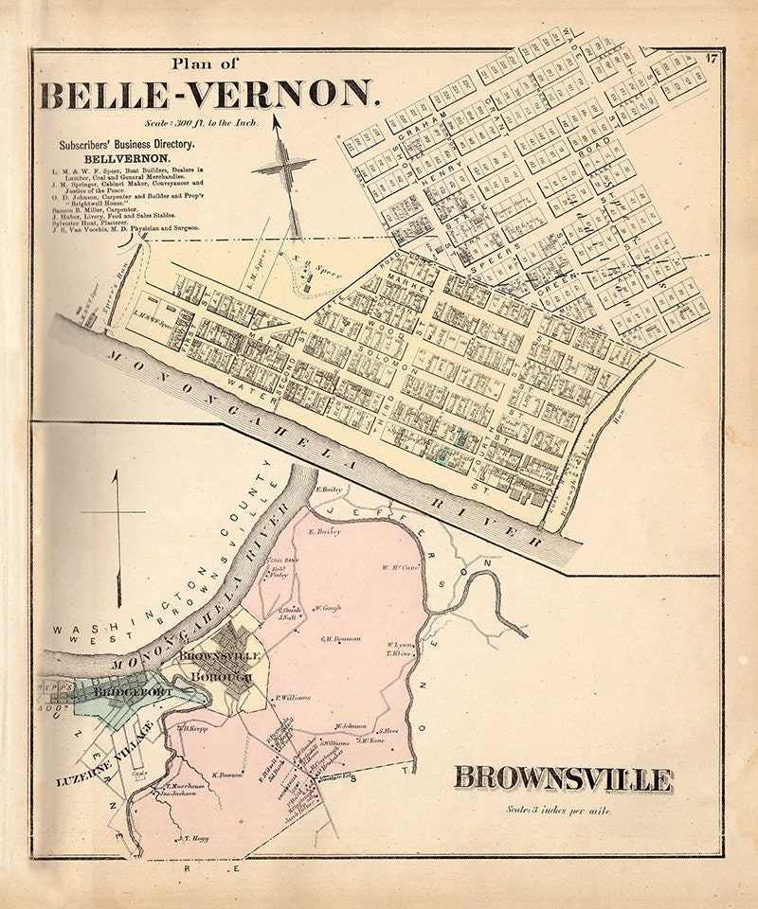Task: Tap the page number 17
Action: pyautogui.click(x=711, y=62)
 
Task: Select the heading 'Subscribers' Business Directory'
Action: pyautogui.click(x=126, y=145)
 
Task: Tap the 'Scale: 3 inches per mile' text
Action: pyautogui.click(x=565, y=811)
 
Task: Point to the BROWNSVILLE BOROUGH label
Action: pyautogui.click(x=216, y=665)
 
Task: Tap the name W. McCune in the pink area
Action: pyautogui.click(x=400, y=568)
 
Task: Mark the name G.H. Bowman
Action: pyautogui.click(x=341, y=639)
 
